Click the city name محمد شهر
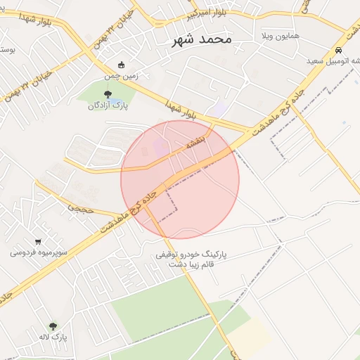pyautogui.click(x=202, y=39)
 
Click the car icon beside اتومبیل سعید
pyautogui.click(x=339, y=51)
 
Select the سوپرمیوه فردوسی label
pyautogui.click(x=38, y=252)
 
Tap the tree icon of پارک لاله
pyautogui.click(x=53, y=326)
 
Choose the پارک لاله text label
pyautogui.click(x=53, y=337)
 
